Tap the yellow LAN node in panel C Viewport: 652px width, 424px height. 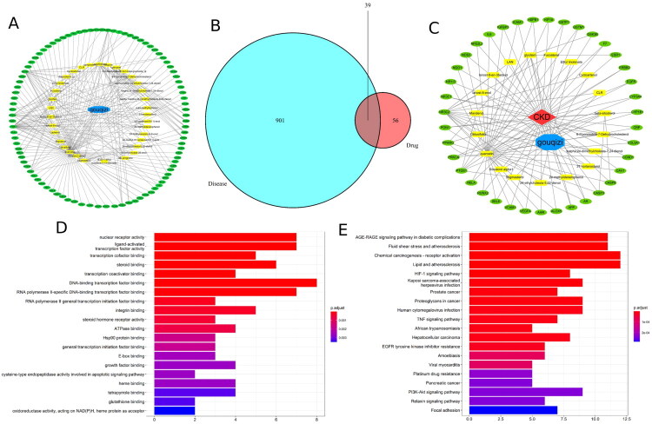(x=510, y=63)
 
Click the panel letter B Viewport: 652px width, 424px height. (x=209, y=14)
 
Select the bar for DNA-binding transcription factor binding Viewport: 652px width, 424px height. (x=236, y=282)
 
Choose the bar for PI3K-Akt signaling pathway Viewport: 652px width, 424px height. (x=544, y=391)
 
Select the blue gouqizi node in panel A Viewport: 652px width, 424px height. (x=99, y=110)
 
